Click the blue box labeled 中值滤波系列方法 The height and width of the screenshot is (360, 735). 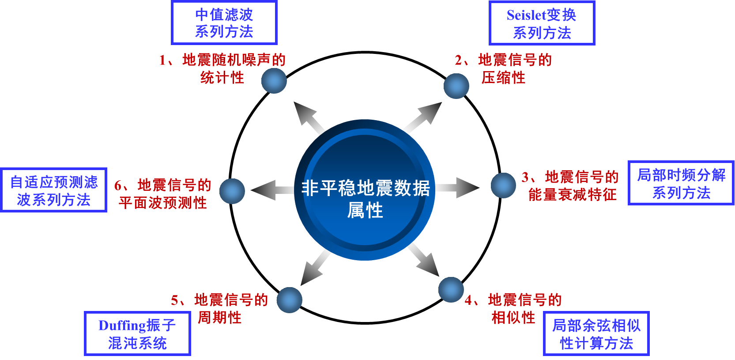tap(224, 23)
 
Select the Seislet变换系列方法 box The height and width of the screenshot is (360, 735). tap(542, 23)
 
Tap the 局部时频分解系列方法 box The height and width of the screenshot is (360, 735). tap(681, 183)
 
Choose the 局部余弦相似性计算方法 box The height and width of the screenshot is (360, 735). tap(596, 333)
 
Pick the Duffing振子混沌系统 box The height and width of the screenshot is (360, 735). tap(137, 333)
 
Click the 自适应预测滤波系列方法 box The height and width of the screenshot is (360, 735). tap(54, 190)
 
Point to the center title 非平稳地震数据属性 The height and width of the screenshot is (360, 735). tap(365, 198)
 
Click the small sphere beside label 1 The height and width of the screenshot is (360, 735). tap(274, 81)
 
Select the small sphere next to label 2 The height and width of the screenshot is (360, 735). tap(456, 86)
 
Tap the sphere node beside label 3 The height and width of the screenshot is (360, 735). tap(503, 185)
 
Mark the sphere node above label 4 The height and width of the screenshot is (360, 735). tap(451, 290)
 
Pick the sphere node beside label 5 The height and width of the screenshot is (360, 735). tap(290, 300)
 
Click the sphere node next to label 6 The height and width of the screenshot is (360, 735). tap(232, 191)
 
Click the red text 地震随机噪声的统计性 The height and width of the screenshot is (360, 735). tap(222, 68)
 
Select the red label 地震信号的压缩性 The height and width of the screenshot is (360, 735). tap(504, 68)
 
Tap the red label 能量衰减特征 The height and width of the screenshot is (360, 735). tap(572, 194)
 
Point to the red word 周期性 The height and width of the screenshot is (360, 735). tap(219, 317)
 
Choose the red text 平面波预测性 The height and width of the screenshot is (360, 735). tap(163, 203)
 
